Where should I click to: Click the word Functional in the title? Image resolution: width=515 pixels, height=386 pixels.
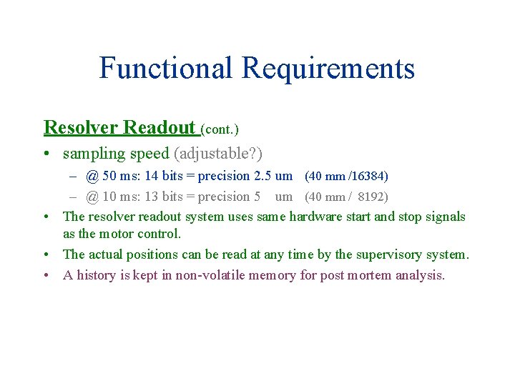[166, 69]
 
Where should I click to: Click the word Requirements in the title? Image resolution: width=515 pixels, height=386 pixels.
[328, 69]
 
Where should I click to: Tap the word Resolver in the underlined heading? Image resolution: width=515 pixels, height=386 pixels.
[81, 127]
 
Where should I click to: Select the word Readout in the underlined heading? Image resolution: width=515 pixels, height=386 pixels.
[159, 127]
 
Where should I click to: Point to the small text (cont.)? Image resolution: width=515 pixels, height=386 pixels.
[220, 129]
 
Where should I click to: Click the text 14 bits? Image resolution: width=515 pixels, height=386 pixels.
[164, 176]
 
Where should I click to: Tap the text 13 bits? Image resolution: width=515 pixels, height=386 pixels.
[164, 197]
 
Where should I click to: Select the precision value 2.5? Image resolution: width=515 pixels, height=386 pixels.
[263, 176]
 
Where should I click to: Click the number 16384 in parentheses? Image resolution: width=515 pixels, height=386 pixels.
[369, 176]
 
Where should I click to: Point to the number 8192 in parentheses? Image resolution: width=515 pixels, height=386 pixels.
[371, 197]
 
